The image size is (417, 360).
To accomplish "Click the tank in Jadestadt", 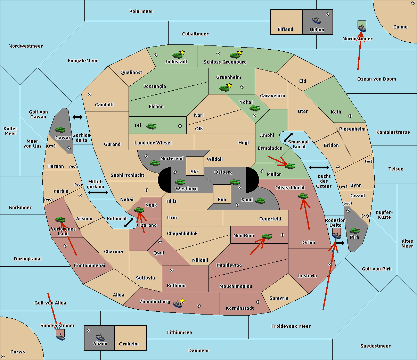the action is click(178, 55).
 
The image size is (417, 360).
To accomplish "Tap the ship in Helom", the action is click(317, 20).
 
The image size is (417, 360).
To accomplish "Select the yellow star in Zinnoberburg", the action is click(182, 301).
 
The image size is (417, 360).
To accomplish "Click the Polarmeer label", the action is click(141, 11).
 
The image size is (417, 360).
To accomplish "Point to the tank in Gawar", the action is click(60, 129).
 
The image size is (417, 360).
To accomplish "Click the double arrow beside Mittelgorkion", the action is click(98, 192).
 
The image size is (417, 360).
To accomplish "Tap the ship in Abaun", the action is click(100, 337).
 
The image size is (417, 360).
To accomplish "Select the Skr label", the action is click(195, 171).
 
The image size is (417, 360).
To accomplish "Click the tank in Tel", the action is click(151, 126).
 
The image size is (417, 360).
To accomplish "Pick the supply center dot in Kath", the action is click(350, 116).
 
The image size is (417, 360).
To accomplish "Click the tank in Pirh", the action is click(355, 231).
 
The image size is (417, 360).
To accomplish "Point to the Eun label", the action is click(222, 199).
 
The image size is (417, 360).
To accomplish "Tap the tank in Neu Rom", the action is click(267, 236).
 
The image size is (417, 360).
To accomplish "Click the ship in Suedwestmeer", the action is click(60, 336).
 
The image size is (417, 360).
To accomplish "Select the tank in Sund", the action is click(260, 201).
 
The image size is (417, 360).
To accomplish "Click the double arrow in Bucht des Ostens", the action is click(319, 167).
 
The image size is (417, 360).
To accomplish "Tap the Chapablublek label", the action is click(182, 233).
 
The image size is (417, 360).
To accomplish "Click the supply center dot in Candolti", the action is click(90, 94).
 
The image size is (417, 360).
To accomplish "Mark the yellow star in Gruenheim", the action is click(229, 85).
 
